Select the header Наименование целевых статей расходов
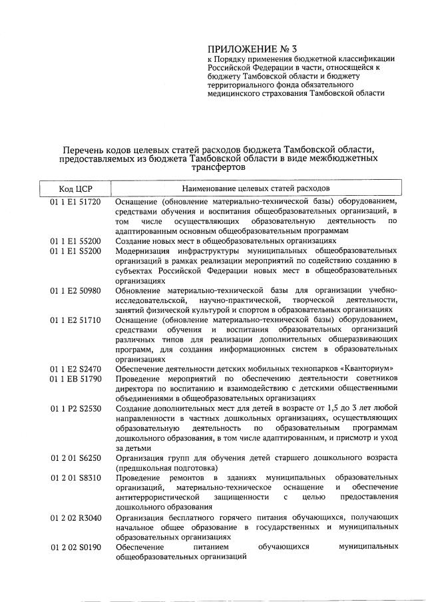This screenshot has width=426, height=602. point(256,189)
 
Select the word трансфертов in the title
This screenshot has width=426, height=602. point(220,168)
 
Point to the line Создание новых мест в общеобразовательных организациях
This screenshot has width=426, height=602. point(225,240)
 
